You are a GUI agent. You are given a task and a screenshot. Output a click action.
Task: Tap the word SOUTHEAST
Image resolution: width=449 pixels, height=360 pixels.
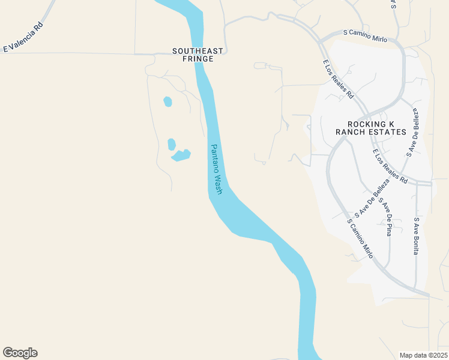pos(193,51)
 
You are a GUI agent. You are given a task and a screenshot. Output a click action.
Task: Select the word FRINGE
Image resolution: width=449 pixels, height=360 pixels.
pos(193,59)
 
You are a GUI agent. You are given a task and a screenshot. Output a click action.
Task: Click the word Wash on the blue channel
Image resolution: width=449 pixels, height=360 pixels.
pos(218,184)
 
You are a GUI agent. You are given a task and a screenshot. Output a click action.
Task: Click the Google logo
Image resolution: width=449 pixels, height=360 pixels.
pos(20,353)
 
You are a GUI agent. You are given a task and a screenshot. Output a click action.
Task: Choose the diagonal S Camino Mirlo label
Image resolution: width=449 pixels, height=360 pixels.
pos(361,238)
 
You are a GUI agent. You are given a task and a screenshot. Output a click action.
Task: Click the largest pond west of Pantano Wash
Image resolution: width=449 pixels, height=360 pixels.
pos(181,155)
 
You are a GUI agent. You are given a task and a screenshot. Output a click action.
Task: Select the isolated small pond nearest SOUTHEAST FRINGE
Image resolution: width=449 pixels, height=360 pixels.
pos(167,101)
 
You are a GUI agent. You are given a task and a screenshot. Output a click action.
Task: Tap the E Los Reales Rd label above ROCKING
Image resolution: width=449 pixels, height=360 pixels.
pos(338,79)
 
